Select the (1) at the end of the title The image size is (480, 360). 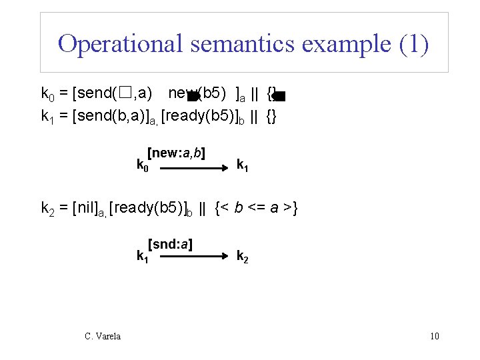(413, 44)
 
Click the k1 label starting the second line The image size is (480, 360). (47, 117)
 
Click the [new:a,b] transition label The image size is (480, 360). (176, 153)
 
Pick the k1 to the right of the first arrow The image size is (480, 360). (243, 164)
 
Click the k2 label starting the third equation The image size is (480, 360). (47, 210)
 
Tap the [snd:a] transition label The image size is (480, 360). (171, 245)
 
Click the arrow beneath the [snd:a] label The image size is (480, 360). (195, 256)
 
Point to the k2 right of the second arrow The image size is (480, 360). (243, 255)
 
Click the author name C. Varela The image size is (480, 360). (103, 336)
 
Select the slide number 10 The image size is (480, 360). (435, 336)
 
